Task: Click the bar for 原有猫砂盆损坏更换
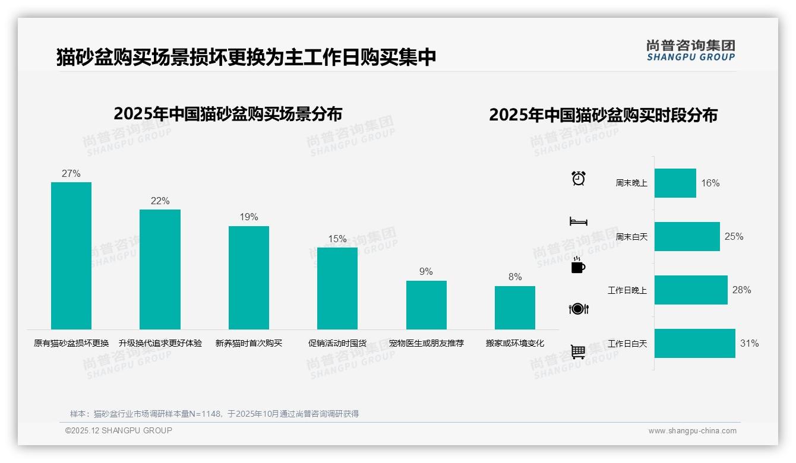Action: [71, 255]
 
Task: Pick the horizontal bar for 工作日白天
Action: [694, 343]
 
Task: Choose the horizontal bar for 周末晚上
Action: [675, 183]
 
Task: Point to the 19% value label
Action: [249, 217]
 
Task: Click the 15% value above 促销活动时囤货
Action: [337, 239]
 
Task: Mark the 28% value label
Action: [741, 290]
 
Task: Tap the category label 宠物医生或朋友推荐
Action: [426, 343]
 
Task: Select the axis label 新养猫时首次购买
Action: [248, 343]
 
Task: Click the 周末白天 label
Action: [631, 237]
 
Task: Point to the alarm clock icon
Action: [578, 178]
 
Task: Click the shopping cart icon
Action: [578, 351]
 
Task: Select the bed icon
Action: [578, 221]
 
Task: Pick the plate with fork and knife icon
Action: [578, 309]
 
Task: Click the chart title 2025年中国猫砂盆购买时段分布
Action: [603, 115]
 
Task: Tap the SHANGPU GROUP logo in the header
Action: [690, 50]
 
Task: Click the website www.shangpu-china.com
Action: [692, 431]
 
